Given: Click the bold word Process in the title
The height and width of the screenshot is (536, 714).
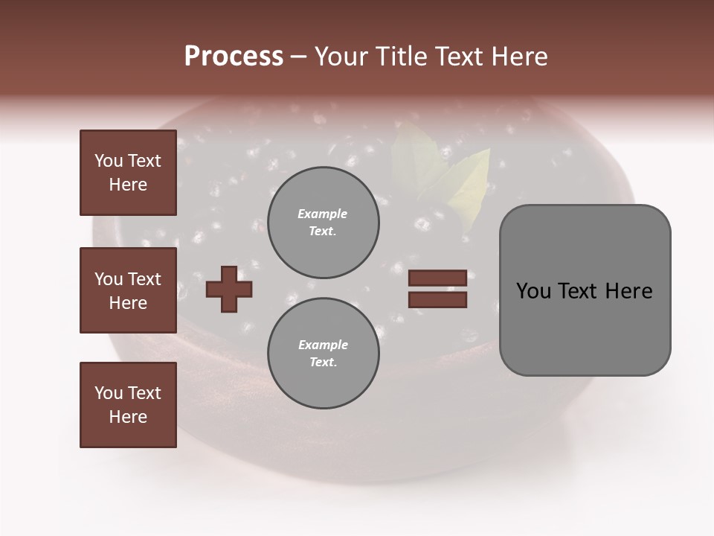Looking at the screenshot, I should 234,57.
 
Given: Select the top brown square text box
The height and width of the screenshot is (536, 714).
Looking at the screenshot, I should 128,173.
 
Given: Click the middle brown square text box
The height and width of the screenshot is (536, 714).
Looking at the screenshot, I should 128,290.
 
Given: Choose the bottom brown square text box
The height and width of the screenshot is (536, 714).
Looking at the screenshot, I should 128,405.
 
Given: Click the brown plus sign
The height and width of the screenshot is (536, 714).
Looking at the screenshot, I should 229,289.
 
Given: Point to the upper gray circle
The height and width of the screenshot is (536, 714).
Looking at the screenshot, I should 323,223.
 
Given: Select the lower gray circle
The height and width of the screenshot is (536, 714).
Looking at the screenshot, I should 323,354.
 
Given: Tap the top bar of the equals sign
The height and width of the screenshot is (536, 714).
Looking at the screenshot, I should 437,278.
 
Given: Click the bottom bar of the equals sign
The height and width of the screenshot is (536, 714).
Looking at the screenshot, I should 437,300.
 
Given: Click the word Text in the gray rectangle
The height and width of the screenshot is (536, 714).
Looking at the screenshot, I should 577,291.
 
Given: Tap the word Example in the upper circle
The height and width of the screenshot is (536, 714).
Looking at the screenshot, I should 322,214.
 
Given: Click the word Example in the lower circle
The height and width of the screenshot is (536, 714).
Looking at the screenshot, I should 323,345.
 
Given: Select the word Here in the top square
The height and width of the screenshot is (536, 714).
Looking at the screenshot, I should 128,185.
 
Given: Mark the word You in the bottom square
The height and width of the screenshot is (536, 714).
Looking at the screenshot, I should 109,393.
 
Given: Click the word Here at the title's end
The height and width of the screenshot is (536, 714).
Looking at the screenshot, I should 518,57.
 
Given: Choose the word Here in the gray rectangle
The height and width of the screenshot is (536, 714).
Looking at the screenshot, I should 628,291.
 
